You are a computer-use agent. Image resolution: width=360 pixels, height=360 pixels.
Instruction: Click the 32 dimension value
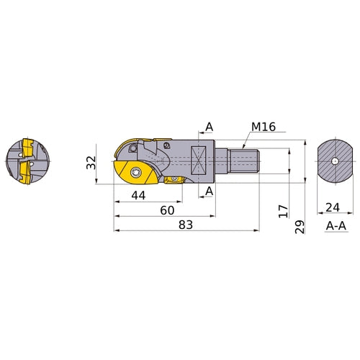pyautogui.click(x=91, y=163)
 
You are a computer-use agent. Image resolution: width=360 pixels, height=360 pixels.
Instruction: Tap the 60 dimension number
pyautogui.click(x=167, y=210)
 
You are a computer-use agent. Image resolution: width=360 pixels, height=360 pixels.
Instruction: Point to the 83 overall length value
pyautogui.click(x=185, y=225)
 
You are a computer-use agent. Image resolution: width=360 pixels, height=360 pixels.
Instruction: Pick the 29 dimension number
pyautogui.click(x=300, y=228)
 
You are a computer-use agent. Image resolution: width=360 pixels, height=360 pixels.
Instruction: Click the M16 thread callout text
pyautogui.click(x=264, y=127)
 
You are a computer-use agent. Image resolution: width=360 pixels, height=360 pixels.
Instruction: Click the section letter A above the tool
pyautogui.click(x=209, y=127)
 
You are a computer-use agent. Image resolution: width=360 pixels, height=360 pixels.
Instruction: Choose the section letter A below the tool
pyautogui.click(x=209, y=191)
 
